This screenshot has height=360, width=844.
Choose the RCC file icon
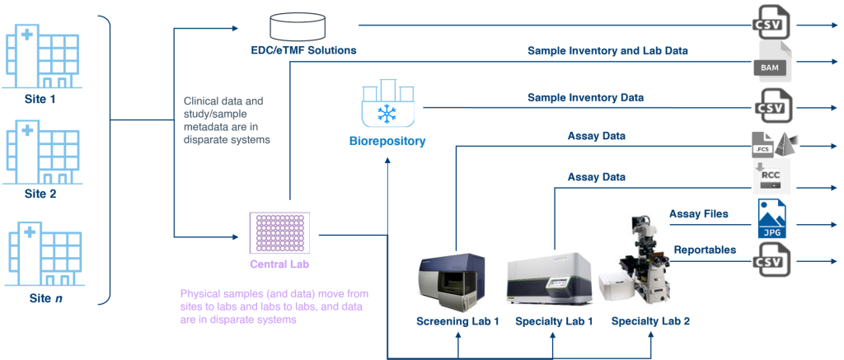tap(771, 177)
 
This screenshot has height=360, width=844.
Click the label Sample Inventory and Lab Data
tap(607, 51)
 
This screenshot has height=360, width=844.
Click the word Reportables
tap(706, 249)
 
